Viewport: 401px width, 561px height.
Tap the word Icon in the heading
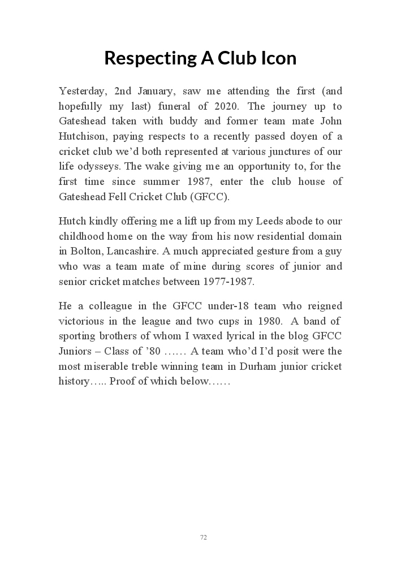point(277,58)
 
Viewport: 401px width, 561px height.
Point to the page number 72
point(204,537)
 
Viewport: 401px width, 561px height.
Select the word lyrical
point(249,336)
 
